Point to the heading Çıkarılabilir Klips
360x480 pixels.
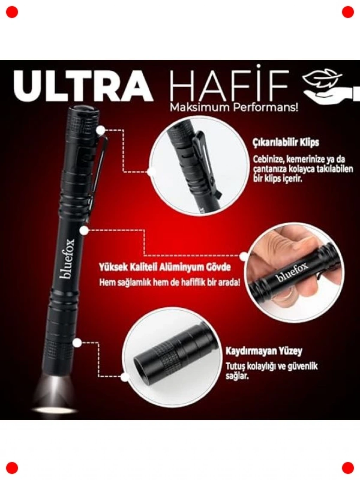(x=286, y=143)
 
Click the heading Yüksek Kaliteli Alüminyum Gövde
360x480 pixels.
(x=165, y=268)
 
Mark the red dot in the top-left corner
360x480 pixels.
(x=12, y=12)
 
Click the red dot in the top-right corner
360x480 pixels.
(x=348, y=12)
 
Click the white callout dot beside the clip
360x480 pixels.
(x=101, y=131)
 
